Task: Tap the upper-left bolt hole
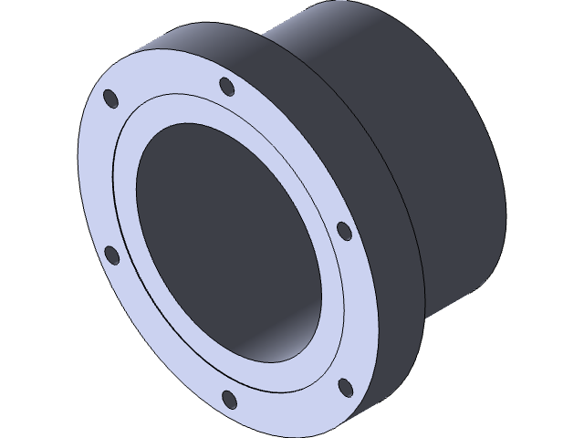[110, 97]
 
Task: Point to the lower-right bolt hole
[345, 387]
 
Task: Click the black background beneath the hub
[511, 383]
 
